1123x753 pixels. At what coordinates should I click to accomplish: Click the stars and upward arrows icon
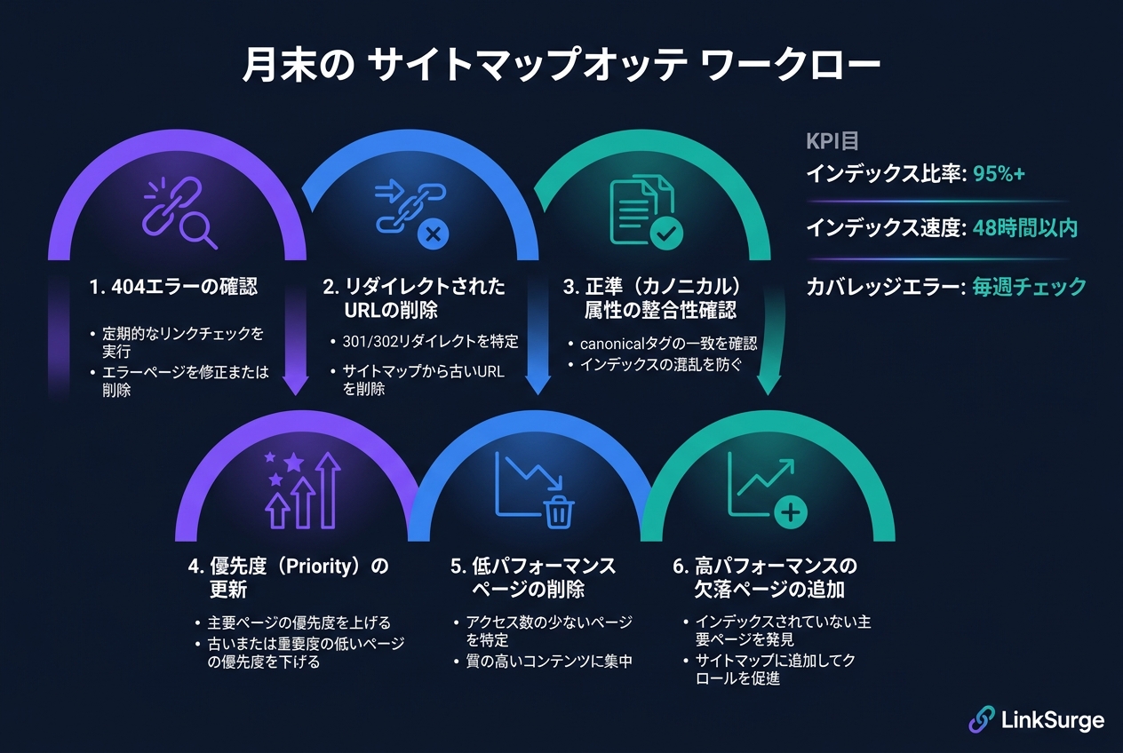303,490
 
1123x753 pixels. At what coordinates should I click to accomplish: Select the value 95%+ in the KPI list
999,174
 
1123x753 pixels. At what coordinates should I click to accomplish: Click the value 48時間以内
1024,228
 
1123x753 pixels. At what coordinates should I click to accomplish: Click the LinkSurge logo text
1052,719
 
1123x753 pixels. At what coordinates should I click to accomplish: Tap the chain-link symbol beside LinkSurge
981,719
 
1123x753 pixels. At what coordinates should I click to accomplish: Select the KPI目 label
832,141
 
